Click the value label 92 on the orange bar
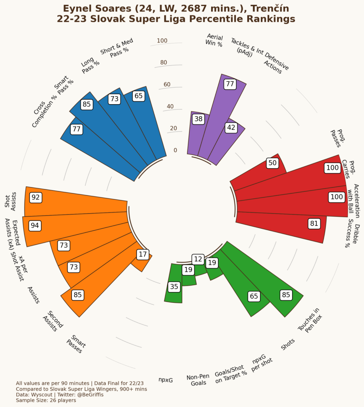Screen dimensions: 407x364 tap(36, 198)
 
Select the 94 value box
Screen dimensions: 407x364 tap(35, 226)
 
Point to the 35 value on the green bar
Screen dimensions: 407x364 tap(174, 286)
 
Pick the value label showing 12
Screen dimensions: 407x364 tap(197, 259)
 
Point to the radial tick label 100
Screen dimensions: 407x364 tap(162, 41)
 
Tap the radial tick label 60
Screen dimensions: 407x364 tap(167, 84)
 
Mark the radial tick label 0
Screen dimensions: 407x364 tap(175, 150)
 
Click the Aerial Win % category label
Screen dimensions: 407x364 tap(214, 40)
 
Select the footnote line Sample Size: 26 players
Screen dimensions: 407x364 tap(46, 400)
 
